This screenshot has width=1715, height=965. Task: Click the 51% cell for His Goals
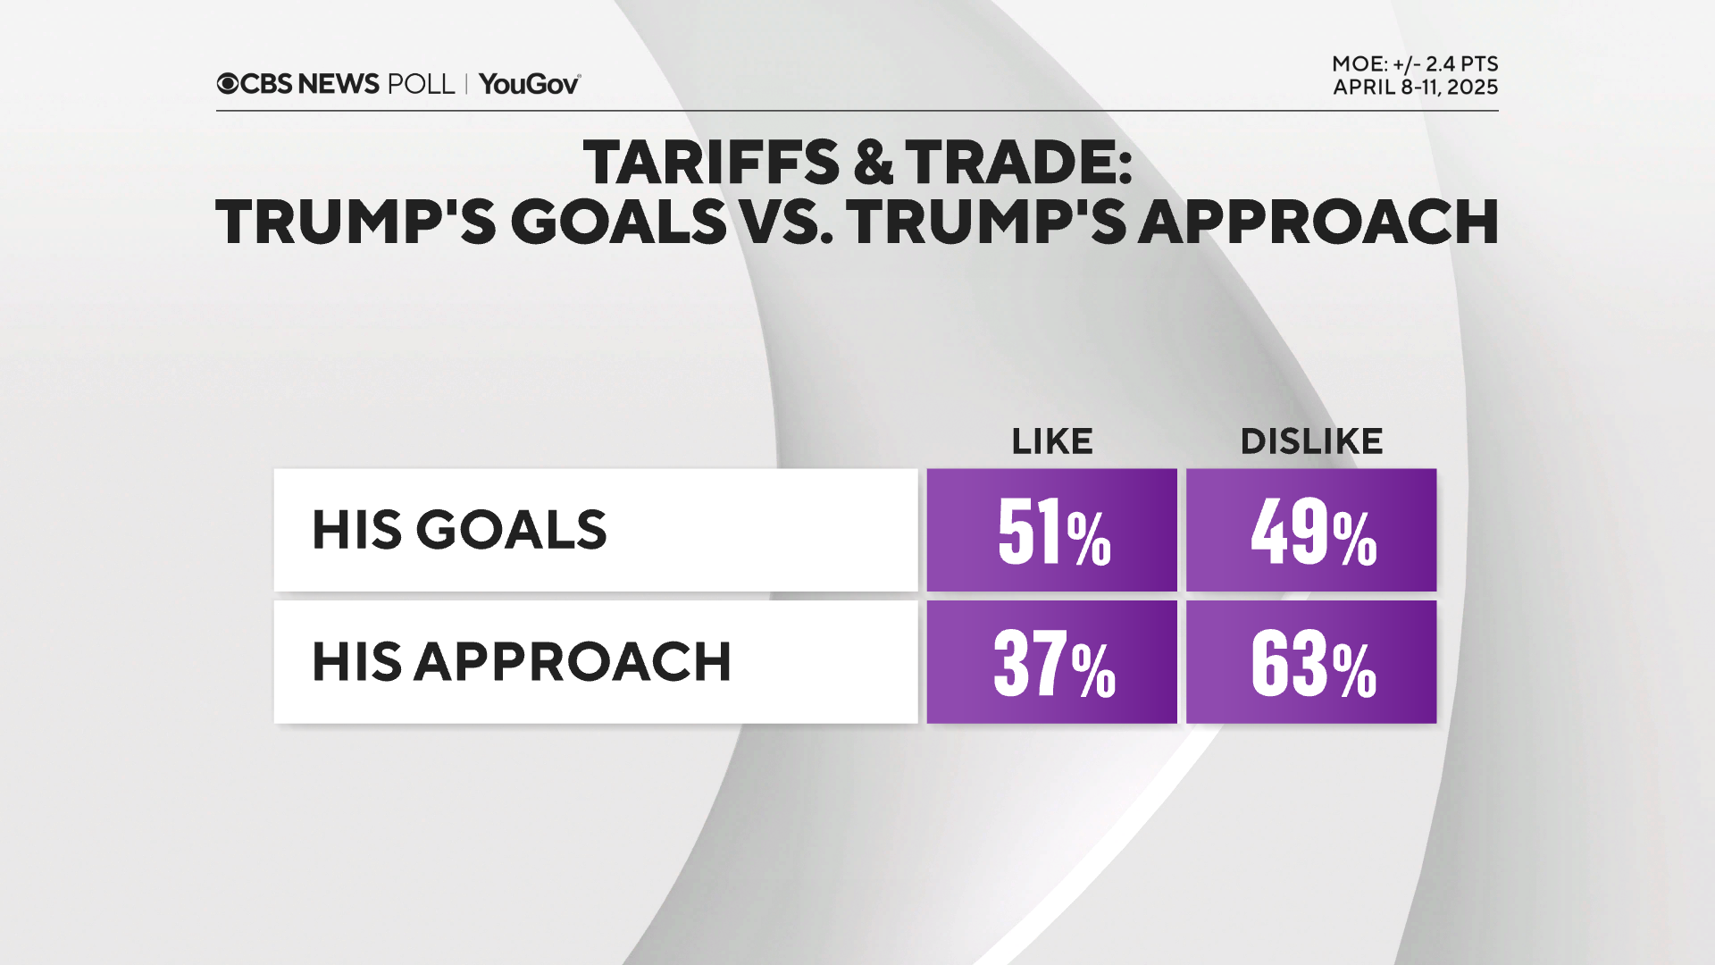(1051, 530)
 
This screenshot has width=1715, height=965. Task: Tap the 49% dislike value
(1311, 530)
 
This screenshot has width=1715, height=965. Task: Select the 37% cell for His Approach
(1051, 662)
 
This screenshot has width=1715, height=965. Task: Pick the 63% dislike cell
(1311, 662)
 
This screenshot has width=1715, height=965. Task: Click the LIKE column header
(1051, 441)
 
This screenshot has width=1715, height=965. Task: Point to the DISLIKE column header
(1311, 441)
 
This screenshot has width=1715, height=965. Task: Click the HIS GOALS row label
(459, 530)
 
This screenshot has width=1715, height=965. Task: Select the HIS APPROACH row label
(521, 662)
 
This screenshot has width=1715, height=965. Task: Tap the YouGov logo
(529, 84)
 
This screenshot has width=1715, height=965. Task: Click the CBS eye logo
(228, 84)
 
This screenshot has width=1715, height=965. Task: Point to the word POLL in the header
(421, 84)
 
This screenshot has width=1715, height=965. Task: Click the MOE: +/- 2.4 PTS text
(1414, 64)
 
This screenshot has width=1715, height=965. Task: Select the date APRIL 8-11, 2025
(1415, 88)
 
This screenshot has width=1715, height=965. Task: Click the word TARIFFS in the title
(712, 163)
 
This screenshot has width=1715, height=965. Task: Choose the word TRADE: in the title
(1018, 163)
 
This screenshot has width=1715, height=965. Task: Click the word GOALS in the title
(618, 222)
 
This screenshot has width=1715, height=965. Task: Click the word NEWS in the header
(339, 84)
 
